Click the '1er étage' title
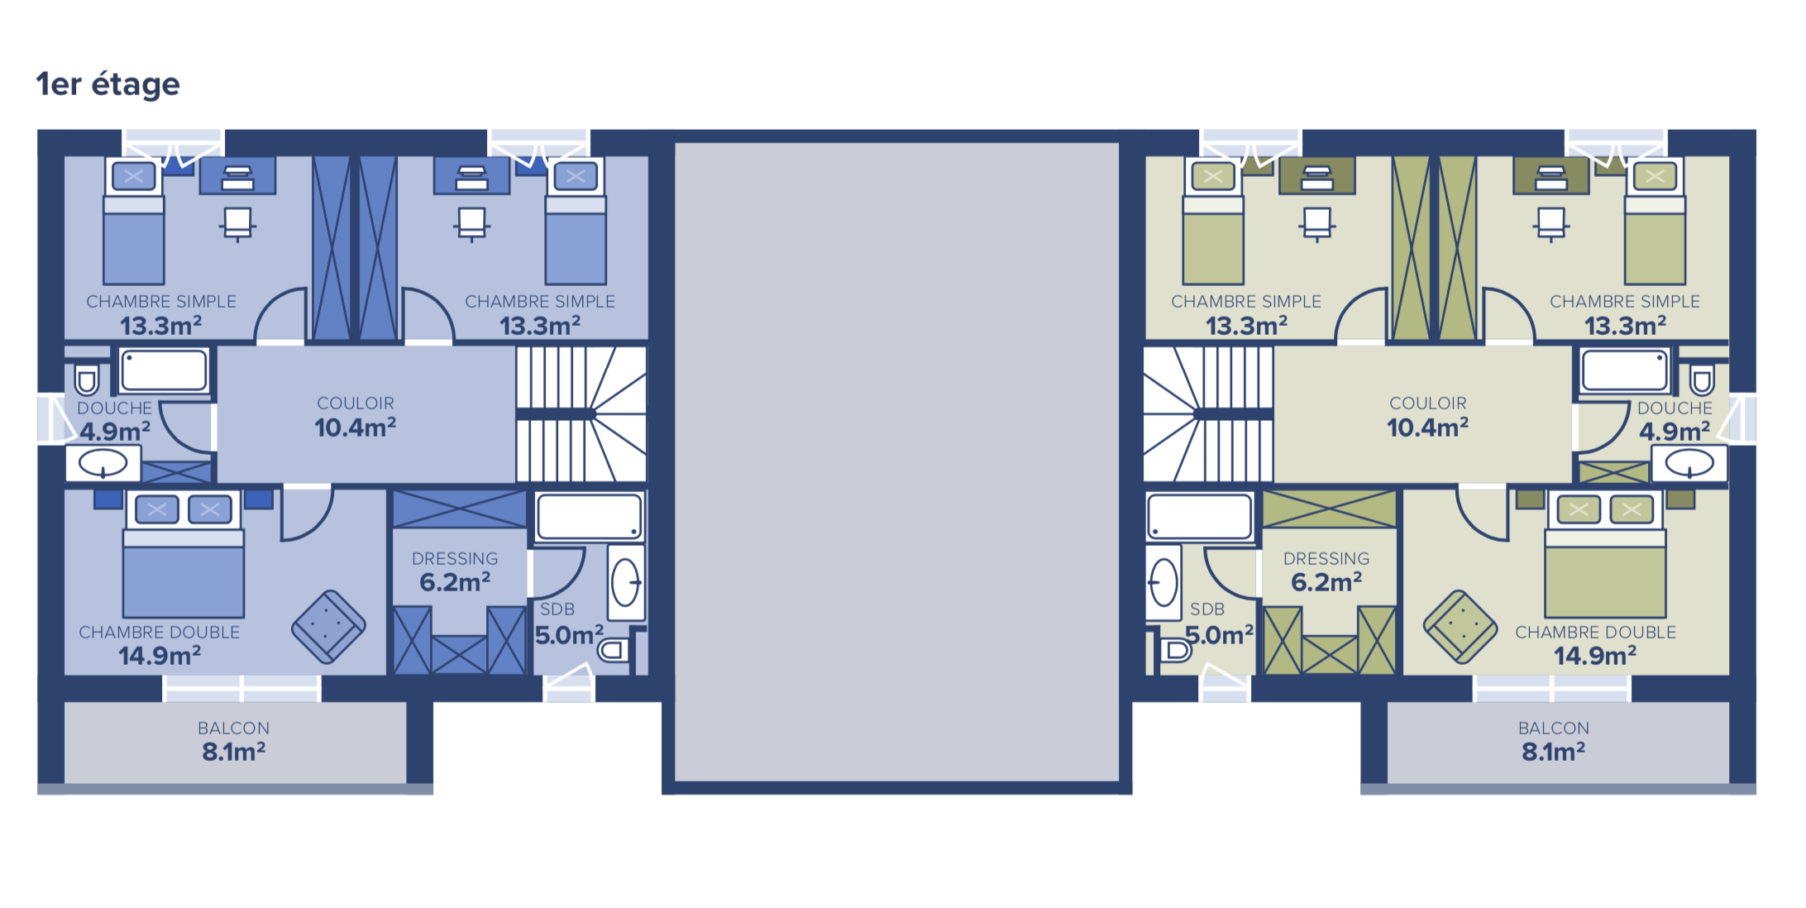(x=108, y=84)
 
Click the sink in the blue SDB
(x=626, y=582)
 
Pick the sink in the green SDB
(x=1163, y=582)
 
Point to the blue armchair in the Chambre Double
(x=328, y=626)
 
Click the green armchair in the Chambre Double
(x=1460, y=626)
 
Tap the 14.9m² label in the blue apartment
(x=160, y=657)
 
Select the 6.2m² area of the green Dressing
(x=1326, y=582)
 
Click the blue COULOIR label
(x=356, y=404)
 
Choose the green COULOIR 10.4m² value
(x=1428, y=428)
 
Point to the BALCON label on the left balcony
(x=234, y=729)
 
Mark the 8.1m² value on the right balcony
(x=1554, y=752)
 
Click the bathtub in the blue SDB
(x=590, y=517)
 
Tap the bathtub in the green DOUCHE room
(x=1625, y=370)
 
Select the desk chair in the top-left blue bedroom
(x=237, y=223)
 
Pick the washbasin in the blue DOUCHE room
(x=103, y=463)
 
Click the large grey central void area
(x=897, y=461)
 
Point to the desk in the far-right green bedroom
(x=1551, y=176)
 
